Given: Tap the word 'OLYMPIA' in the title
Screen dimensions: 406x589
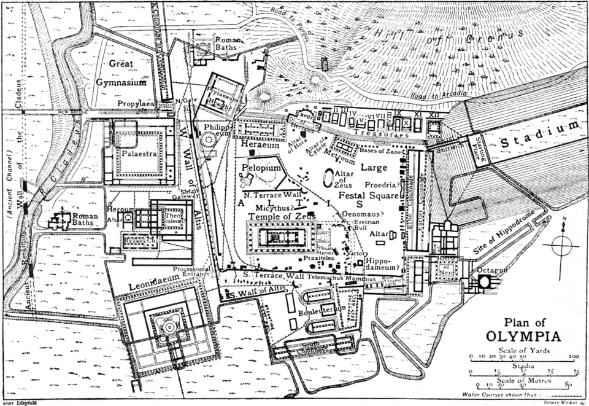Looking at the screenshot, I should (x=523, y=336).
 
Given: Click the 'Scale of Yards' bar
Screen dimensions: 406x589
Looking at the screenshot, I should (x=522, y=357).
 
